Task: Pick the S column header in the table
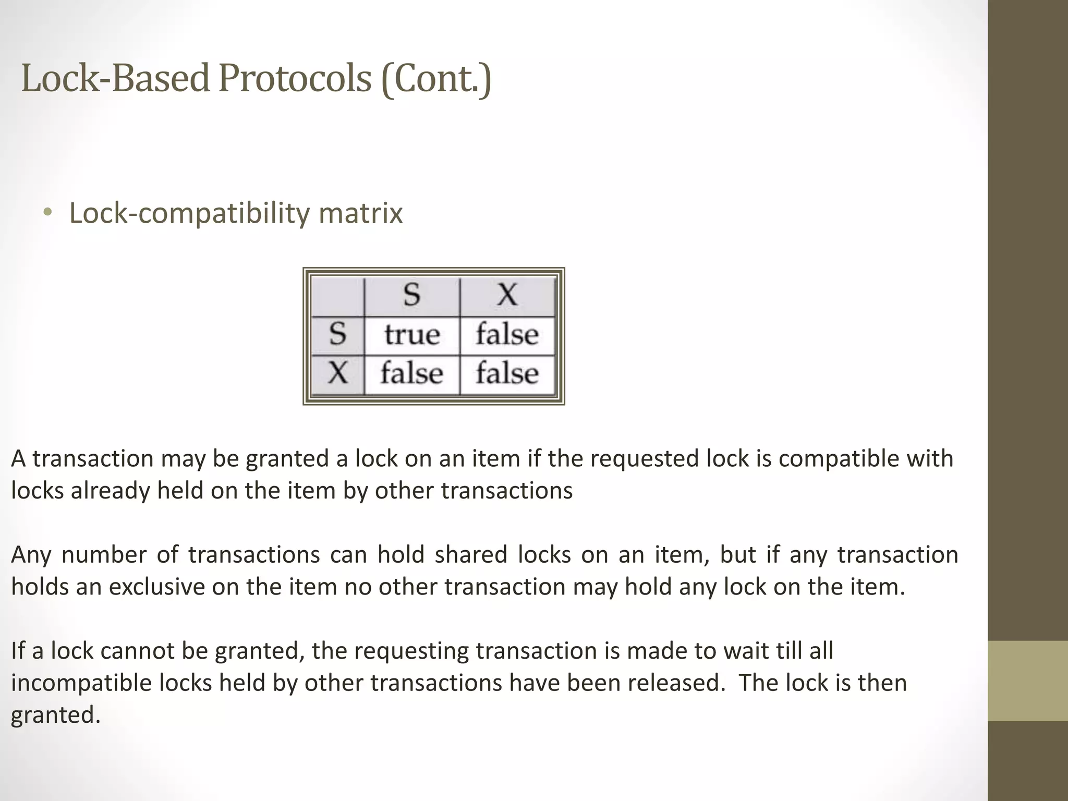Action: pyautogui.click(x=411, y=295)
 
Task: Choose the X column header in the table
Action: pyautogui.click(x=507, y=295)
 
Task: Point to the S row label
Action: pyautogui.click(x=338, y=334)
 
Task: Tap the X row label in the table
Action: pyautogui.click(x=338, y=373)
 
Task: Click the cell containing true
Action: pyautogui.click(x=412, y=335)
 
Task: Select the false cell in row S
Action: pyautogui.click(x=507, y=335)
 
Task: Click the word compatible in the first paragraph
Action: pyautogui.click(x=836, y=459)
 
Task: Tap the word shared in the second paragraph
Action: pyautogui.click(x=471, y=555)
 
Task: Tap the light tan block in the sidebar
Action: pyautogui.click(x=1027, y=681)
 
